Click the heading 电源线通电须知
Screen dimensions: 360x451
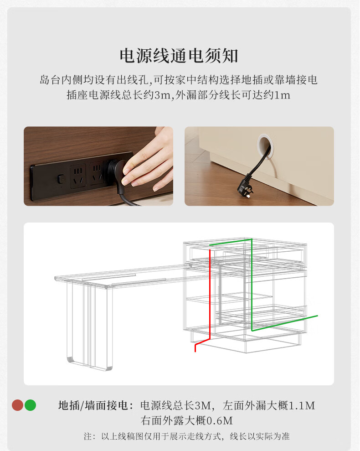click(179, 56)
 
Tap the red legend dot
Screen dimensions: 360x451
click(17, 405)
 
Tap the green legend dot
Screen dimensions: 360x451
click(30, 405)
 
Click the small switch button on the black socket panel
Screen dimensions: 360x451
click(61, 179)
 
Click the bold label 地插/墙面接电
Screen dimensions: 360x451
click(93, 405)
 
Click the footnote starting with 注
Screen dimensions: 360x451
click(187, 436)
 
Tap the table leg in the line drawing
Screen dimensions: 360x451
click(89, 325)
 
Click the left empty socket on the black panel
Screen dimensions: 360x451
click(78, 176)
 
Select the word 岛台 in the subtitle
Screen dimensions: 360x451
click(50, 80)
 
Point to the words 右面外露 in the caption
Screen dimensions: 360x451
click(162, 421)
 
